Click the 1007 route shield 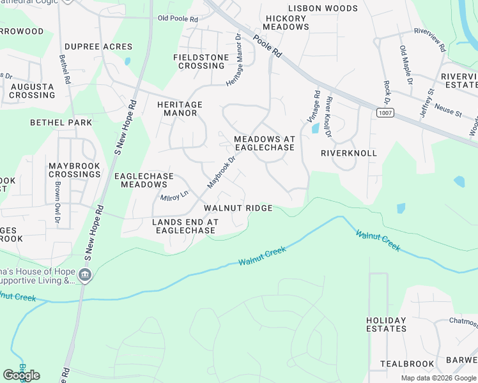point(385,113)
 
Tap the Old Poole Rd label point(178,19)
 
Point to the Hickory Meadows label point(286,22)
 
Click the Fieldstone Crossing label point(201,61)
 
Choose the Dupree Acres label point(98,47)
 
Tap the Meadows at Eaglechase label point(264,143)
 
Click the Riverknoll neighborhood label point(348,153)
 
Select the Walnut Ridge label point(238,208)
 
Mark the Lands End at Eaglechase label point(185,226)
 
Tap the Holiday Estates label point(386,324)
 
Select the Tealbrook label point(407,363)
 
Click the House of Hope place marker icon point(85,276)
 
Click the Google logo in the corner point(21,375)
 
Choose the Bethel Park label point(61,123)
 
